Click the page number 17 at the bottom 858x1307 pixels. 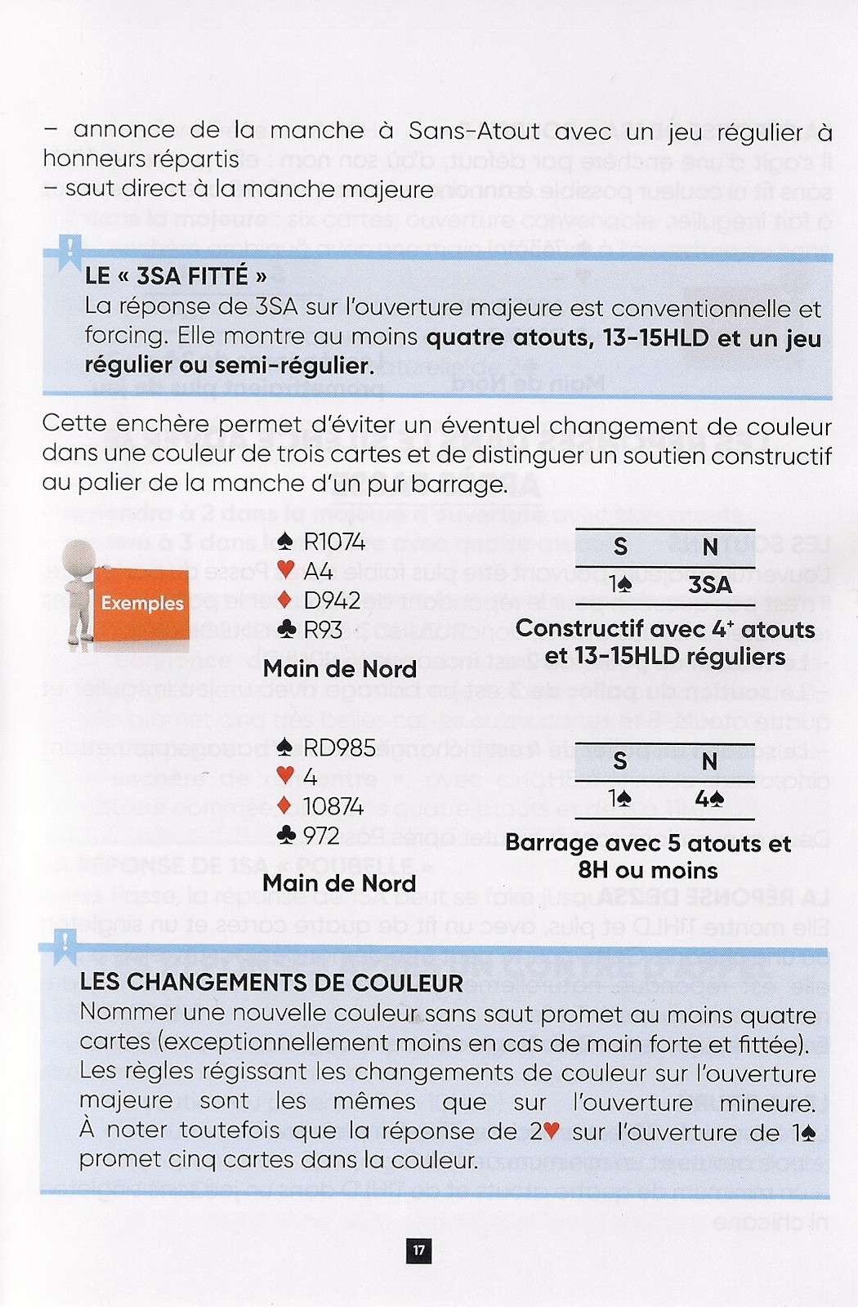click(x=418, y=1250)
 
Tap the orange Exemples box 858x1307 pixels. click(x=142, y=604)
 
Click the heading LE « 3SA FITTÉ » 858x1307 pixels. click(x=176, y=276)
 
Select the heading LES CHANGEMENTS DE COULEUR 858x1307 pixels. click(x=271, y=983)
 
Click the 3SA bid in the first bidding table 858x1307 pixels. click(x=709, y=585)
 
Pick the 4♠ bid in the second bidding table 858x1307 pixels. click(x=708, y=799)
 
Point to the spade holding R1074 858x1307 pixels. click(x=333, y=542)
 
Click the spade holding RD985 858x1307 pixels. click(x=339, y=747)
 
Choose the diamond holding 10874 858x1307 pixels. click(x=333, y=806)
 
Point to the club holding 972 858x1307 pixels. click(x=321, y=836)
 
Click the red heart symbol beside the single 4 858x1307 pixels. click(x=285, y=777)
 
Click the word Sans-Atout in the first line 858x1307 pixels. click(x=474, y=131)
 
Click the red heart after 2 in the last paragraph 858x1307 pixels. click(x=552, y=1131)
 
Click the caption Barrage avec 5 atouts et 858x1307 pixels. click(x=648, y=843)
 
